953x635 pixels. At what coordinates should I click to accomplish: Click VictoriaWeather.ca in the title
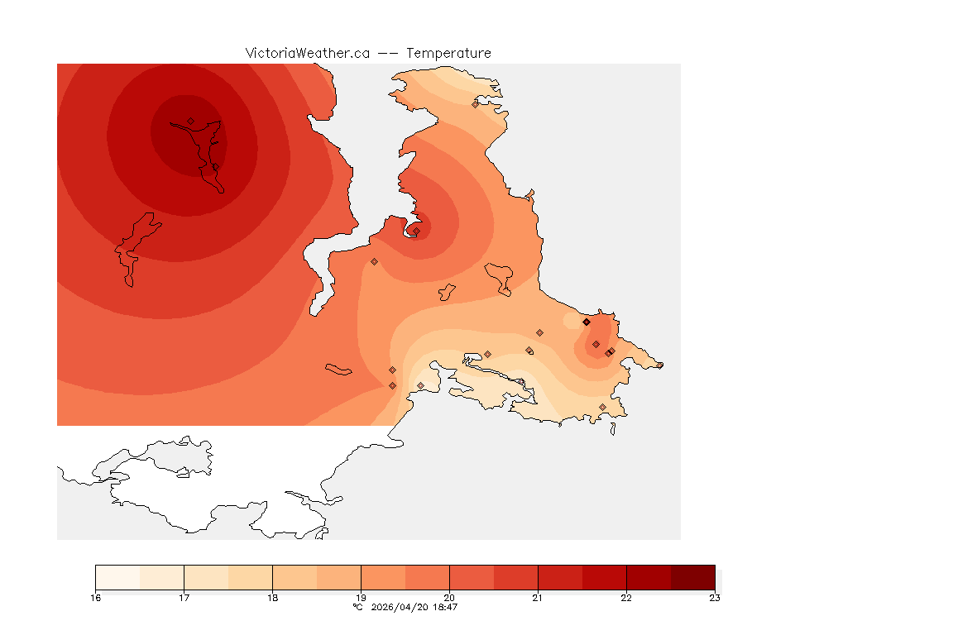click(x=307, y=53)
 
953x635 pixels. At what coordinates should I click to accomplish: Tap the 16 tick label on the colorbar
click(x=96, y=598)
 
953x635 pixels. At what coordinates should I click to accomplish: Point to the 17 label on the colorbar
click(x=184, y=598)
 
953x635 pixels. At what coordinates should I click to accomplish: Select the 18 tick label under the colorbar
click(x=272, y=598)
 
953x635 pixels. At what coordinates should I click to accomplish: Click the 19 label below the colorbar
click(x=361, y=598)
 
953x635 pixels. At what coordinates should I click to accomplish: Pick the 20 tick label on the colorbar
click(x=449, y=598)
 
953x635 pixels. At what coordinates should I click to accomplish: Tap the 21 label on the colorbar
click(x=538, y=598)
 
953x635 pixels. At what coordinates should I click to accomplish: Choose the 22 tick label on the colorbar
click(x=626, y=598)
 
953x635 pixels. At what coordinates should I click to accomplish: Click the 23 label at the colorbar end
click(x=714, y=598)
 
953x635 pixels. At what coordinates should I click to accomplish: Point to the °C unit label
click(x=357, y=607)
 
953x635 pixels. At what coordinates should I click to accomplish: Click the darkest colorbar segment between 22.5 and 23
click(x=692, y=577)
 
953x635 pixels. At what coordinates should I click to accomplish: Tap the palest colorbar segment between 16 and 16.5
click(x=117, y=577)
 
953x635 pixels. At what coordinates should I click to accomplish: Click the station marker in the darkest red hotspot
click(x=190, y=121)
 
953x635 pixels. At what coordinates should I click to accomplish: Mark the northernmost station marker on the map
click(x=475, y=104)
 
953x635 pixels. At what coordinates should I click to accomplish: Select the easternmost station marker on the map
click(x=659, y=365)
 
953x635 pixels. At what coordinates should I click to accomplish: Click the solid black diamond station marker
click(x=586, y=322)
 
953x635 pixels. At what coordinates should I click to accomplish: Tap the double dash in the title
click(x=389, y=53)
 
